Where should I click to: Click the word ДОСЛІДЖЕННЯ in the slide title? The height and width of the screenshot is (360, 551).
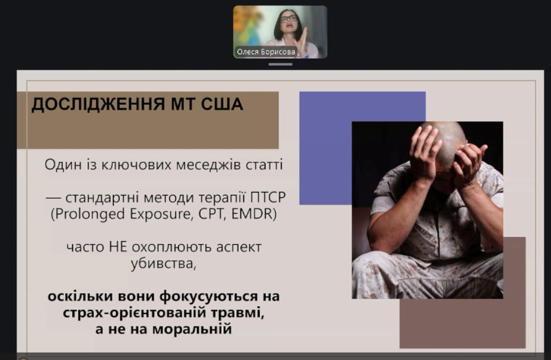99,104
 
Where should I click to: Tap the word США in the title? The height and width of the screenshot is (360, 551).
222,104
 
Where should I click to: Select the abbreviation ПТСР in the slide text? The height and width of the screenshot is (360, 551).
268,198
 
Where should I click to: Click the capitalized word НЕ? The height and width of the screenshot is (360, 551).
118,247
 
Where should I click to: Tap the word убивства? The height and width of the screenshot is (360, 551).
164,263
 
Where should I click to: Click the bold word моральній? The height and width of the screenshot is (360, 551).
192,329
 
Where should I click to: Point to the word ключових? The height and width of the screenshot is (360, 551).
137,164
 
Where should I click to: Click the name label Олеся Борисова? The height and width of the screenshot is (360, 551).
266,51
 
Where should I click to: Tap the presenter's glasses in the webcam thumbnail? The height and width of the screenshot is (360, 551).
289,18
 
